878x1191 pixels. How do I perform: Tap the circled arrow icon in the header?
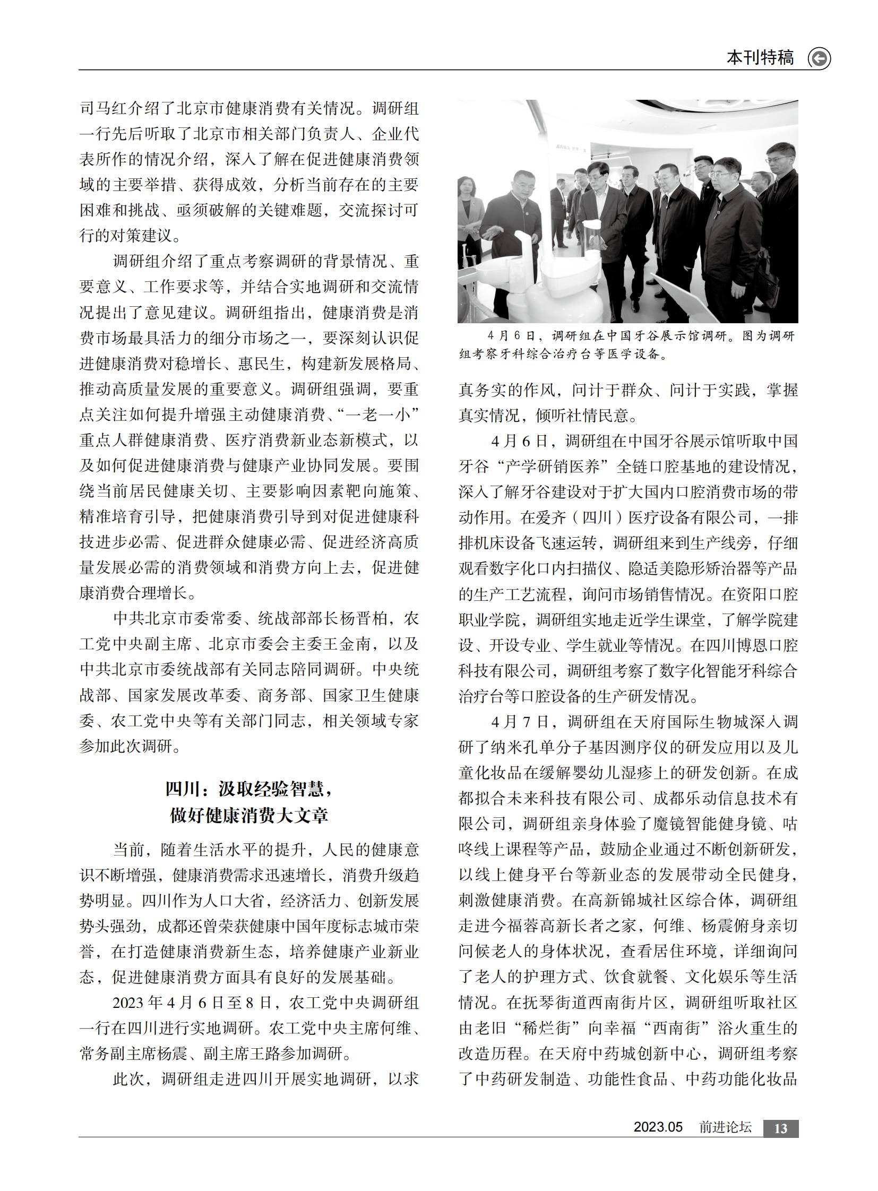pyautogui.click(x=819, y=58)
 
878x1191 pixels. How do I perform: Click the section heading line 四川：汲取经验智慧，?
pyautogui.click(x=249, y=789)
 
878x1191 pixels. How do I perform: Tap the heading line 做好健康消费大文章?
pyautogui.click(x=249, y=815)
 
